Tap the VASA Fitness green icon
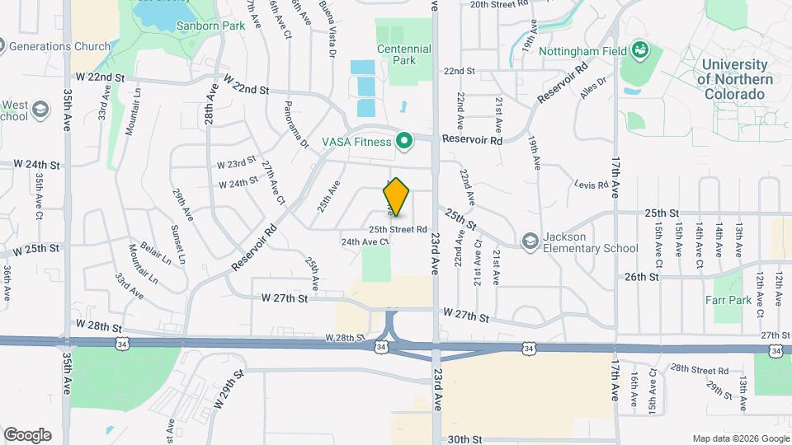(404, 142)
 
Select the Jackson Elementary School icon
(530, 241)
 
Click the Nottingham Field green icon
(639, 51)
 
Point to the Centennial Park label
(404, 54)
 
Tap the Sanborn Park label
(200, 26)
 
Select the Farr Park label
(733, 301)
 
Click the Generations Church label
(52, 46)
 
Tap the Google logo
(27, 435)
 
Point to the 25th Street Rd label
(398, 229)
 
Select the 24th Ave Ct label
(365, 242)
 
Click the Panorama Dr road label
(295, 124)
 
